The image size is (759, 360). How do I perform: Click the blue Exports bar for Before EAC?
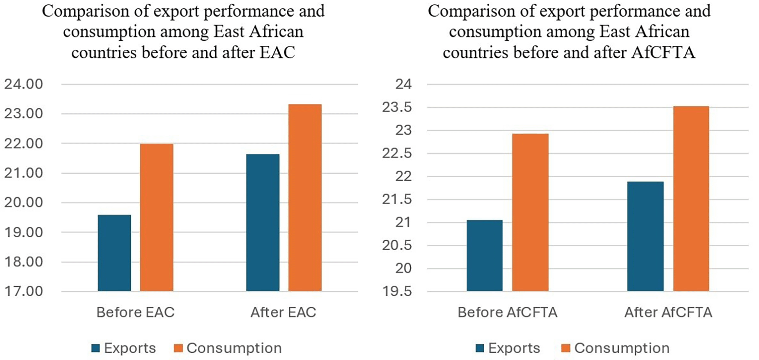(x=114, y=253)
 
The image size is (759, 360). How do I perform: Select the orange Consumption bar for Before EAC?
(x=157, y=218)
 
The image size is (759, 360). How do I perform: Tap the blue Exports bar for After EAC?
(x=262, y=223)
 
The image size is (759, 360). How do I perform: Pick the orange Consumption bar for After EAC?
(x=305, y=198)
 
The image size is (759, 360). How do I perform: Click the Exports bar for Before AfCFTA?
(x=485, y=256)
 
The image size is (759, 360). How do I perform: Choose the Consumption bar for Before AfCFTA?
(x=530, y=212)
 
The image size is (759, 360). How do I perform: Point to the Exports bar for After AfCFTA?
(x=645, y=236)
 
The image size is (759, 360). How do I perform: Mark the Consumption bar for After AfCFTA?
(x=691, y=199)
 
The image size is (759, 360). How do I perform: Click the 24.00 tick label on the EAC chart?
(x=24, y=84)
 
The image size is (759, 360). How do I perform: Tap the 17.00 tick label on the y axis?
(x=24, y=292)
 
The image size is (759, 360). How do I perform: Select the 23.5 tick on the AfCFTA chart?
(x=397, y=107)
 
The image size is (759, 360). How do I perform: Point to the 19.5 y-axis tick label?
(x=397, y=292)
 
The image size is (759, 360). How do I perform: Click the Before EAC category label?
(x=136, y=312)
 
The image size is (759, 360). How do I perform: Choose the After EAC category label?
(x=283, y=312)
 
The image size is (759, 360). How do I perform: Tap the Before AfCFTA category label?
(x=507, y=312)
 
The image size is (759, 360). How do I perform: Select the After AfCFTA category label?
(x=668, y=312)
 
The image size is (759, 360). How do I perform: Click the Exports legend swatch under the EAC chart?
(x=96, y=348)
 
